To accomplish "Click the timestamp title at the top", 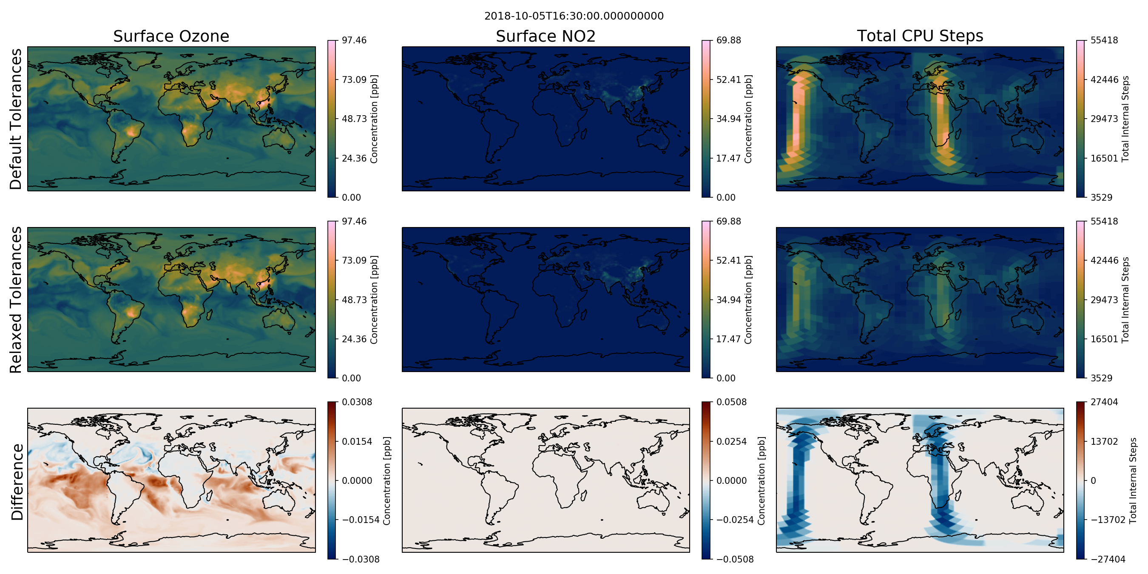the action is point(574,16).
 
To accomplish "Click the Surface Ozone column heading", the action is point(171,36).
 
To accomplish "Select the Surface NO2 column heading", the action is point(546,36).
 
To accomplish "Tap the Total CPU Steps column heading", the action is point(920,36).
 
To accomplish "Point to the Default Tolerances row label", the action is point(16,119).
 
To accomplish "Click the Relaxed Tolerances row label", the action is point(16,299).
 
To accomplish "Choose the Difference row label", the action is point(17,482).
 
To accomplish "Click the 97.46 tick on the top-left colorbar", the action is point(354,40).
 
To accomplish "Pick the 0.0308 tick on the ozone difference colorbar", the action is point(357,402).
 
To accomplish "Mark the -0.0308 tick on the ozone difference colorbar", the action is point(361,559).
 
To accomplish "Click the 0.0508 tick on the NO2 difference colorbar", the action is point(731,402).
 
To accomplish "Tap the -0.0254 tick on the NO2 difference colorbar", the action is point(735,520).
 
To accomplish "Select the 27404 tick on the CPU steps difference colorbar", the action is point(1104,402).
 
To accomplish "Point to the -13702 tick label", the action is point(1108,520).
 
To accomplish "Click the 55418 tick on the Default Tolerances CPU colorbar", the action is point(1104,40).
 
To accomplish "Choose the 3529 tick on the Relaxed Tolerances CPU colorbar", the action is point(1102,378).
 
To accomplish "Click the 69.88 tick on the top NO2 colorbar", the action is point(729,40).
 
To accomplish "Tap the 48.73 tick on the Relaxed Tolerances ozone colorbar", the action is point(354,300).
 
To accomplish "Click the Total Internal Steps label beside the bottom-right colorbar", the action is point(1133,480).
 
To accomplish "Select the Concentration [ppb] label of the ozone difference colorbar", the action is point(387,480).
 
